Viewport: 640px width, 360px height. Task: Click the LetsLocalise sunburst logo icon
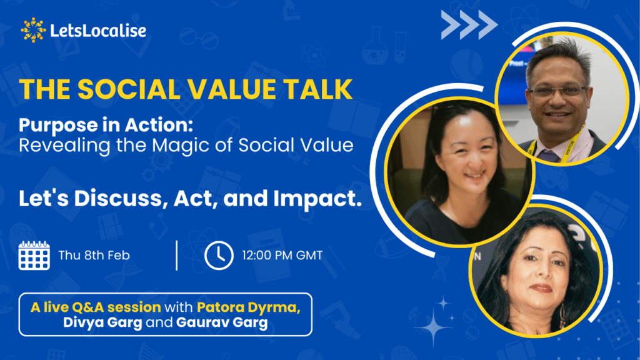point(33,30)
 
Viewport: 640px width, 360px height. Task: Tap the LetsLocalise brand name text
point(98,31)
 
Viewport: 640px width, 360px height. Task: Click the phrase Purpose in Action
point(106,125)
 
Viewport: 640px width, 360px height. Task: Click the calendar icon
point(34,256)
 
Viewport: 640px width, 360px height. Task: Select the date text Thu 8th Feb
point(94,256)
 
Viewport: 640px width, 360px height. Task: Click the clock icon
point(219,256)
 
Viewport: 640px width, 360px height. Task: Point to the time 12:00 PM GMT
point(282,256)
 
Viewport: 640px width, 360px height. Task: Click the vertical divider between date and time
point(177,256)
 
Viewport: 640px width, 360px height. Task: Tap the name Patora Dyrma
point(249,307)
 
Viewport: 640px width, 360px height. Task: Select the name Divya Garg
point(102,322)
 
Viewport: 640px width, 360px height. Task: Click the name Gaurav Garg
point(222,322)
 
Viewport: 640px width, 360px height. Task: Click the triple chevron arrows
point(469,25)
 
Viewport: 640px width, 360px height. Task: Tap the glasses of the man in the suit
point(558,91)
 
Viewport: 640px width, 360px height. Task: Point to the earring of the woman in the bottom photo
point(562,316)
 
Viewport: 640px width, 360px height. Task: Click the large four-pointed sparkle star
point(434,326)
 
